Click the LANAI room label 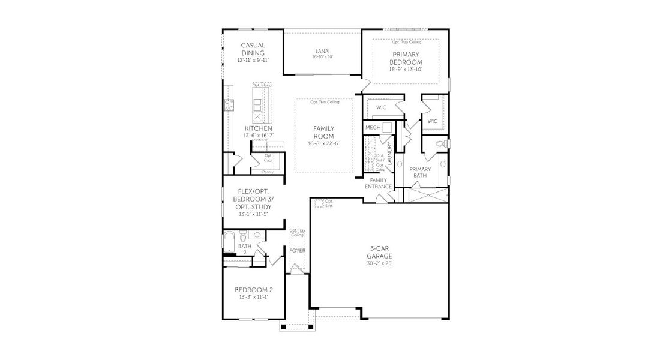click(x=322, y=51)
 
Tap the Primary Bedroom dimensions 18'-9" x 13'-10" click(x=406, y=70)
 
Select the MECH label click(x=373, y=128)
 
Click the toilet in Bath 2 click(x=241, y=235)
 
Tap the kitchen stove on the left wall click(x=228, y=107)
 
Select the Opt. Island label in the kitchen click(x=262, y=85)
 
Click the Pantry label click(x=268, y=172)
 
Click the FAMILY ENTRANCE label click(x=379, y=183)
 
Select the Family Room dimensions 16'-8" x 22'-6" click(x=323, y=143)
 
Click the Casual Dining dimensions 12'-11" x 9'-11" click(x=253, y=60)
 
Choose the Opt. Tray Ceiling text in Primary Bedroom click(x=406, y=42)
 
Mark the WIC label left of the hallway click(x=380, y=107)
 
